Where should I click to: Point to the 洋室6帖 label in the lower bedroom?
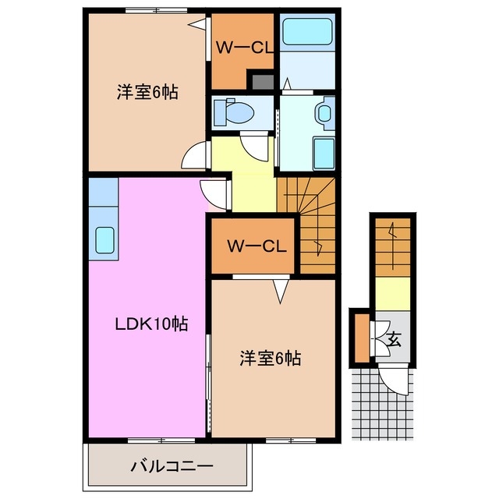269,359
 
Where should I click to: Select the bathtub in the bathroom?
307,34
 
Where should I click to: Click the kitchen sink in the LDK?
104,239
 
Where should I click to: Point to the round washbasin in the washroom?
325,113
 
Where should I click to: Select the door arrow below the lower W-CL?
280,291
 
